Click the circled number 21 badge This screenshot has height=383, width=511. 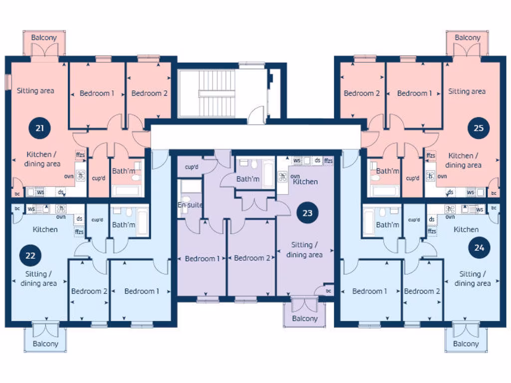point(40,128)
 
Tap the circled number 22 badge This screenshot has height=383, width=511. point(30,255)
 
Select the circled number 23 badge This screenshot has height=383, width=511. point(307,213)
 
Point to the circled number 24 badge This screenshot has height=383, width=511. point(479,247)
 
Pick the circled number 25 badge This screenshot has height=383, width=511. point(478,128)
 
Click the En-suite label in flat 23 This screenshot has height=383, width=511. point(190,205)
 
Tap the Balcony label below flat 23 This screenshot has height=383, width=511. point(304,318)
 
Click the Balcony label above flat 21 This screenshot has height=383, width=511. point(44,37)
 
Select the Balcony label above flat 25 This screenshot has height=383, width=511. point(467,37)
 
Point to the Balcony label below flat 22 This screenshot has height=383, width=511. point(45,344)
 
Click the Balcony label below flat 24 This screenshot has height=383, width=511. point(466,344)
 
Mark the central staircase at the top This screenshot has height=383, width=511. point(207,93)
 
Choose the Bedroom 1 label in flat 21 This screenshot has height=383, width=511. point(97,93)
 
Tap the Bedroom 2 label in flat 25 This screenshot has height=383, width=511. point(362,93)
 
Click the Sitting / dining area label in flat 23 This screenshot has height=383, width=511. point(304,250)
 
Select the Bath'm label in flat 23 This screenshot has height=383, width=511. point(248,179)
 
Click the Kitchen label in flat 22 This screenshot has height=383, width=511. point(45,229)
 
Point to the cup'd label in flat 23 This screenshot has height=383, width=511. point(192,167)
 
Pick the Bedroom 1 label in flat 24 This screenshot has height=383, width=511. point(370,291)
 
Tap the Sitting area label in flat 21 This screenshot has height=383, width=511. point(35,91)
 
